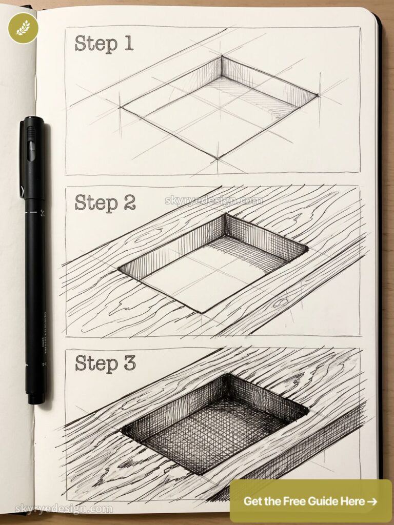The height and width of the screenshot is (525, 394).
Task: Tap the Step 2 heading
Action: pos(105,202)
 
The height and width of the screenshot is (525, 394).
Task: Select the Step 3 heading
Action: pos(105,362)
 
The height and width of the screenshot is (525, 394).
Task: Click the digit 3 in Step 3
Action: pos(128,362)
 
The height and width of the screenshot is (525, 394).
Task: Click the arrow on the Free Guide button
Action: pos(372,501)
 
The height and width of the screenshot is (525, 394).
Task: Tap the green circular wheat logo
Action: pos(23,28)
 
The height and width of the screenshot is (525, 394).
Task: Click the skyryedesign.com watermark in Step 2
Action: pos(214,200)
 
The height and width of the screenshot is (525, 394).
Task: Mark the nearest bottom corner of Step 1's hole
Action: pos(217,158)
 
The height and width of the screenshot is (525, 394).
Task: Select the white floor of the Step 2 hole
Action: pos(205,277)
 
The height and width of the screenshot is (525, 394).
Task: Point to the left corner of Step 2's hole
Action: pos(120,269)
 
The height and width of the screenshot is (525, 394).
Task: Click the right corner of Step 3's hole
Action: pos(308,410)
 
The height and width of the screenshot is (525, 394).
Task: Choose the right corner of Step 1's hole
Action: pos(318,95)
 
